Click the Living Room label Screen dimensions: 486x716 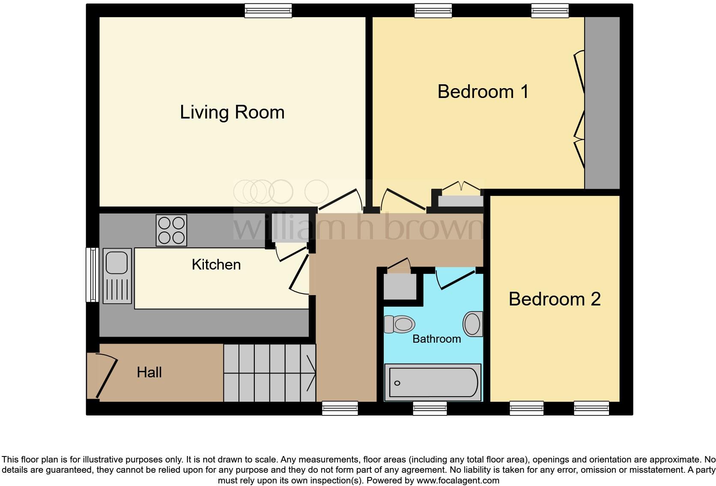coord(232,112)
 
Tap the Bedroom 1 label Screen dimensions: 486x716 coord(483,92)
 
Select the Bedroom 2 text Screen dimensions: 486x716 coord(554,299)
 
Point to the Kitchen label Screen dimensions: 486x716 coord(216,264)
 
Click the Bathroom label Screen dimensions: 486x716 coord(436,339)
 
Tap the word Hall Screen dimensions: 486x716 coord(149,372)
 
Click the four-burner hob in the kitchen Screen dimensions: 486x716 coord(171,230)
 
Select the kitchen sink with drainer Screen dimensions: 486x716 coord(117,276)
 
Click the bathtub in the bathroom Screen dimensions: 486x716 coord(433,382)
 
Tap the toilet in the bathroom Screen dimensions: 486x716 coord(399,324)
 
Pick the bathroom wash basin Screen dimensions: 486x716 coord(473,324)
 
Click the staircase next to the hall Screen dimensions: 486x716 coord(269,373)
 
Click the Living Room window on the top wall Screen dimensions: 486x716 coord(268,11)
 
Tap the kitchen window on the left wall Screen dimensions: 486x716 coord(92,275)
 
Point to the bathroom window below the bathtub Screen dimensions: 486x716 coord(430,409)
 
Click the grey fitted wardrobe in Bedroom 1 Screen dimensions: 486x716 coord(602,103)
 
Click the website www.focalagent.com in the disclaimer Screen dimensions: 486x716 coord(457,480)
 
